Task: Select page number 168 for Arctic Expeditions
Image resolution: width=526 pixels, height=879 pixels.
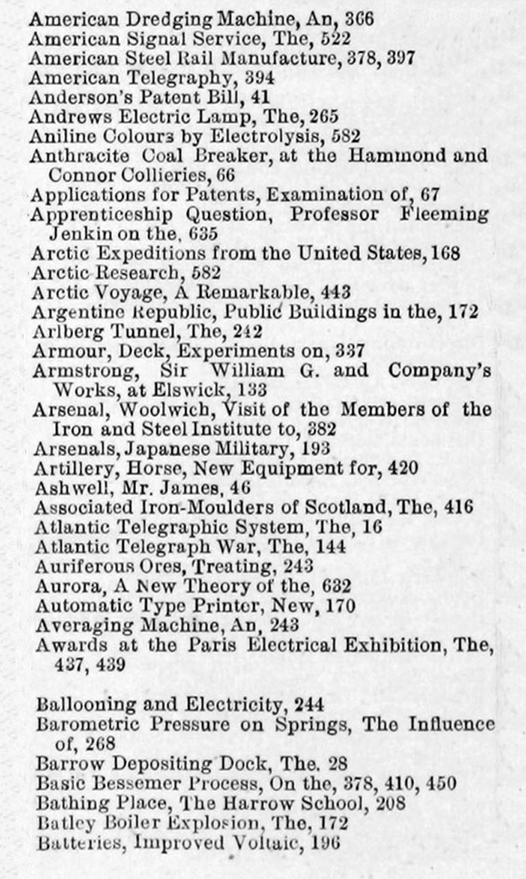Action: [445, 253]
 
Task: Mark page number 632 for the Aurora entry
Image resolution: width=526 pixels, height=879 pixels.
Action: [336, 586]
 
